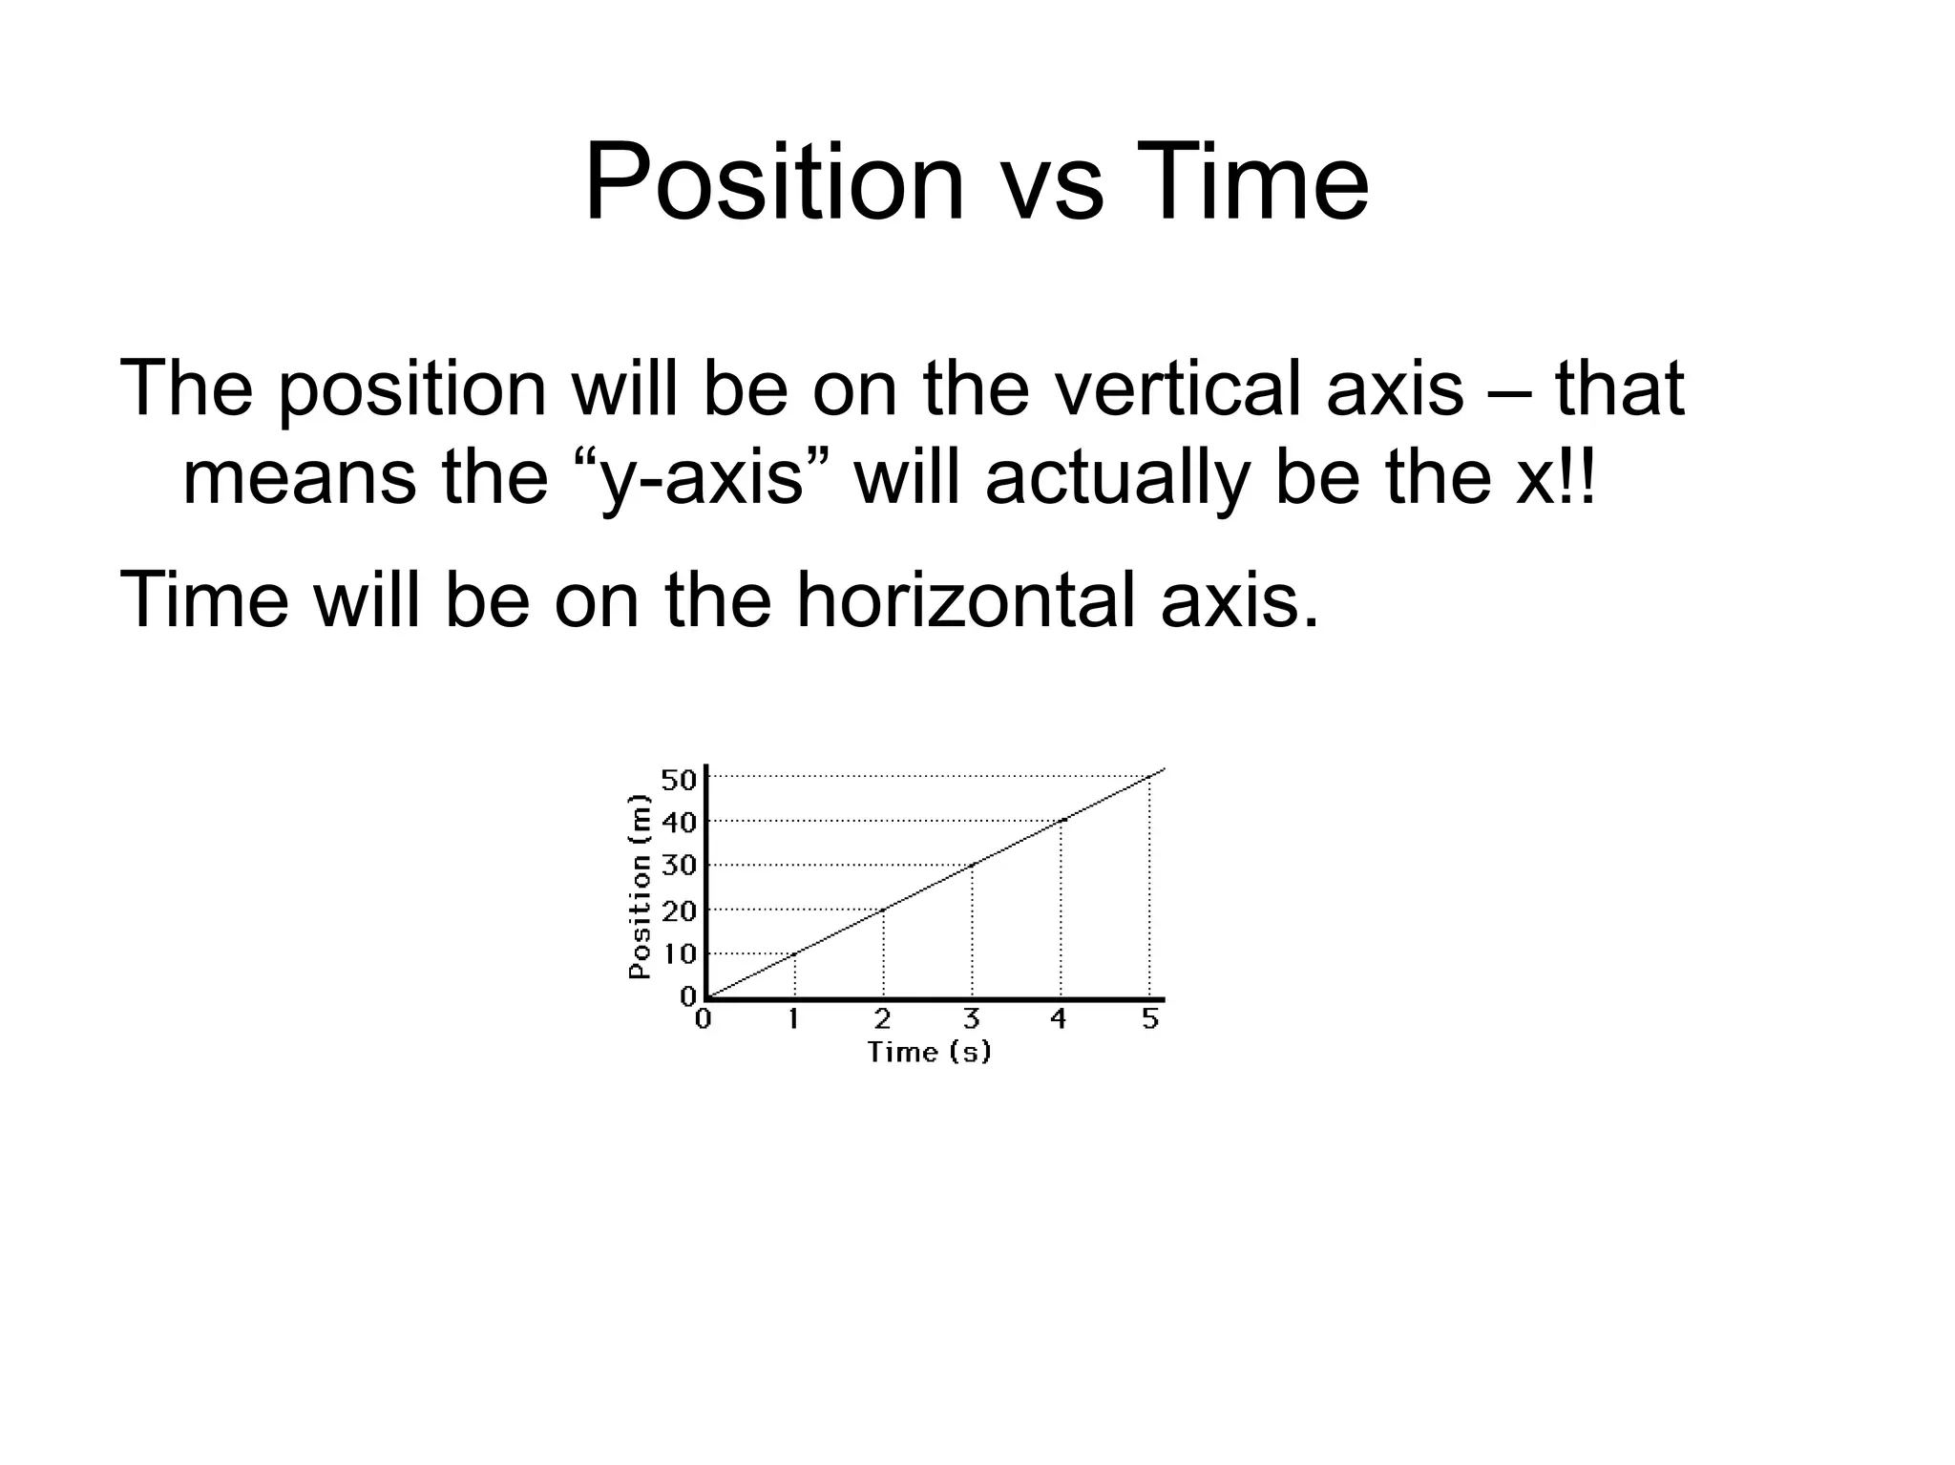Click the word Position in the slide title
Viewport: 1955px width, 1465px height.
pos(774,183)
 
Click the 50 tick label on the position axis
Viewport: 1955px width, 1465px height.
pos(679,780)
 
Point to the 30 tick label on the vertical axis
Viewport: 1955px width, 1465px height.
pos(679,867)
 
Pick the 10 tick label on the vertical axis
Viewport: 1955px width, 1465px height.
pos(679,952)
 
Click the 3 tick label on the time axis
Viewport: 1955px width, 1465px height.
pos(972,1019)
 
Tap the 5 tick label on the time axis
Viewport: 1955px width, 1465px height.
pos(1150,1019)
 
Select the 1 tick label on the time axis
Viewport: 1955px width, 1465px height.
pos(793,1019)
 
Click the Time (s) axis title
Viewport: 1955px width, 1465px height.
pos(929,1052)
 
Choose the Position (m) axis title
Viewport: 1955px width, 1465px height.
pos(640,888)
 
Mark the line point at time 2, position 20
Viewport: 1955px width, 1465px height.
pos(884,909)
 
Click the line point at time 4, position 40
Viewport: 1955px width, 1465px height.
pos(1062,820)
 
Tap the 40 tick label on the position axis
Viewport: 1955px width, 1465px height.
pos(679,822)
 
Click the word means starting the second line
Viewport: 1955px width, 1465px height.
pos(299,477)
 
